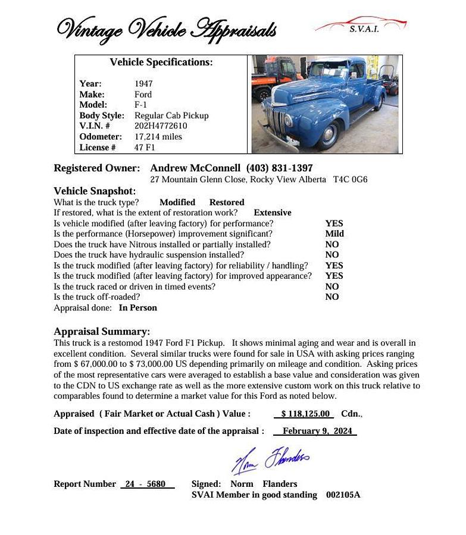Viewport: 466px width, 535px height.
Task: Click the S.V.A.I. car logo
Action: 361,25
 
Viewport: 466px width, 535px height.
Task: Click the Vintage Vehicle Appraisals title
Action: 166,29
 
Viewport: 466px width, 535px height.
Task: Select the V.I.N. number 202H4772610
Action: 161,126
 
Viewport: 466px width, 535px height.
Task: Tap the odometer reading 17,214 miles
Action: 158,137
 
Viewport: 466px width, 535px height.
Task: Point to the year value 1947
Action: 143,84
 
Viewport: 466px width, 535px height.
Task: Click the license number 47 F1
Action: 145,147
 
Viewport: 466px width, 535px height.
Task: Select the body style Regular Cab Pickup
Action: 171,115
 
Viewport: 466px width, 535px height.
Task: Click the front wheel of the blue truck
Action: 329,136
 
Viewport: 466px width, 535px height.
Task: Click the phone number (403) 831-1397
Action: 279,168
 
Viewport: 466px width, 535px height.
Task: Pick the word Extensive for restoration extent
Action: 273,213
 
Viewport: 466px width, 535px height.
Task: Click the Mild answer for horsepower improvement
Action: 334,234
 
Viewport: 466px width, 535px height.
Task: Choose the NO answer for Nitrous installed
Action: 332,244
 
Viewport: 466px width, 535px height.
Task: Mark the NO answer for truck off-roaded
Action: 332,297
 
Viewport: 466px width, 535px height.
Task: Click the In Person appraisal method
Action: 138,308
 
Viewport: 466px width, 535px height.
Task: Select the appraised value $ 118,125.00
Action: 305,414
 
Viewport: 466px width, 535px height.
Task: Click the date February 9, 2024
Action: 317,431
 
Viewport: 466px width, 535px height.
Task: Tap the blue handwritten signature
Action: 270,460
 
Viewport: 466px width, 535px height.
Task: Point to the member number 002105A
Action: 343,495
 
